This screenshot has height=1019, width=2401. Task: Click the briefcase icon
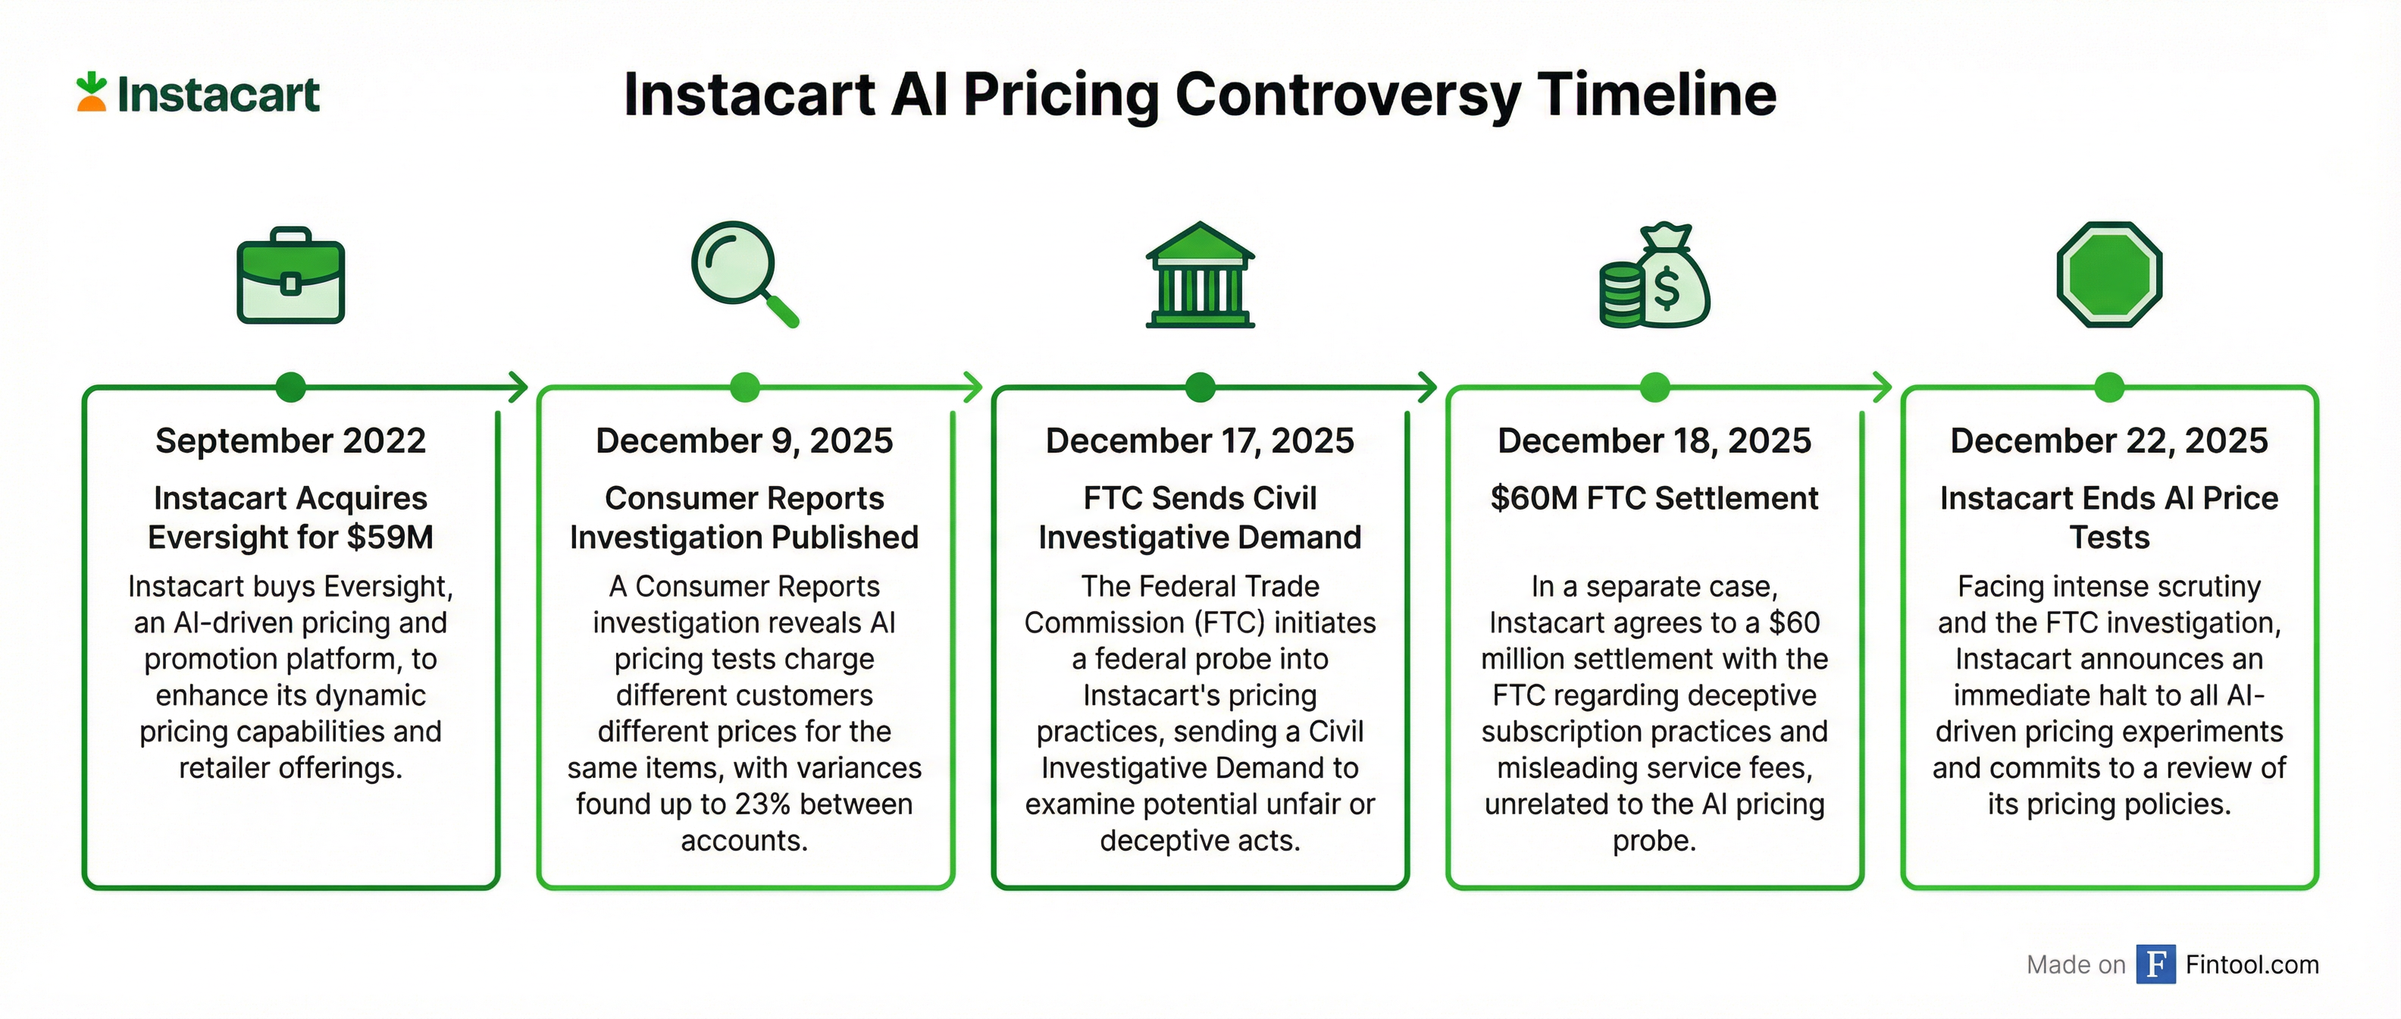[291, 276]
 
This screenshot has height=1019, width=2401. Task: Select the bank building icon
[1200, 275]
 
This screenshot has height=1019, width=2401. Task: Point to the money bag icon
[1654, 276]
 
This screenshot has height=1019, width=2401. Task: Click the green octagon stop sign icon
[2109, 274]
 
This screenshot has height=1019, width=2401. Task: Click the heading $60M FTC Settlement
[1654, 498]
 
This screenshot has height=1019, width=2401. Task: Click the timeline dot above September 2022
[291, 386]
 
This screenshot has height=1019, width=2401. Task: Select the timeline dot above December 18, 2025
[1654, 386]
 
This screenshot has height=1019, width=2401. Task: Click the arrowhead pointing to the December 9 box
[519, 386]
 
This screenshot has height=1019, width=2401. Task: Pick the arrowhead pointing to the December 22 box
[1883, 386]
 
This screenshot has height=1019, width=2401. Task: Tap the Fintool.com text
[2252, 964]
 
